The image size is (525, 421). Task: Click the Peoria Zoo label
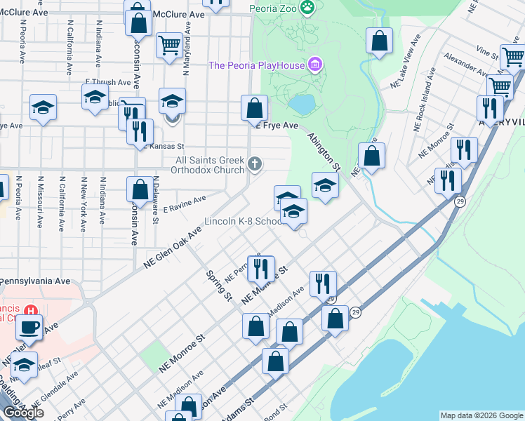click(273, 8)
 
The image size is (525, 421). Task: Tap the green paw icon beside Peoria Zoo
click(307, 8)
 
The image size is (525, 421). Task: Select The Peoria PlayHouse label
click(256, 65)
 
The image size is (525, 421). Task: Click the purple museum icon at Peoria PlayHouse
click(316, 65)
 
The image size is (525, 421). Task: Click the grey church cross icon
click(255, 166)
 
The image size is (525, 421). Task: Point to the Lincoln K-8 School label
click(242, 221)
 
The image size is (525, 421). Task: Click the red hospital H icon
click(31, 309)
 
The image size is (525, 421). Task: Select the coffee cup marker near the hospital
click(29, 327)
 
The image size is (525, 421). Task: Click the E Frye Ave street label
click(279, 126)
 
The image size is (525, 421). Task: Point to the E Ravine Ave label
click(184, 204)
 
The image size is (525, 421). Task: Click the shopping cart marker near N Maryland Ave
click(169, 45)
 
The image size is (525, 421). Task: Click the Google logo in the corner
click(22, 413)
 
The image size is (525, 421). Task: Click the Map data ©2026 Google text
click(481, 415)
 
